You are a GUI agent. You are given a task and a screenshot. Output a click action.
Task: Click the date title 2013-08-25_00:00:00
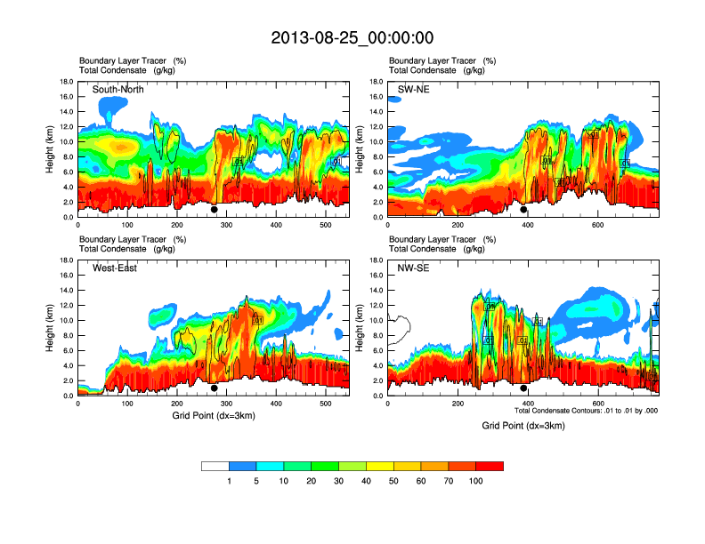[x=352, y=37]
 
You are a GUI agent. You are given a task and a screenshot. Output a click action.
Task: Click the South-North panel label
[x=118, y=90]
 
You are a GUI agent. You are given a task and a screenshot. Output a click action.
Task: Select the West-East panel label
[x=115, y=268]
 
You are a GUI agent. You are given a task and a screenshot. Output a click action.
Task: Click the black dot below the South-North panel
[x=214, y=210]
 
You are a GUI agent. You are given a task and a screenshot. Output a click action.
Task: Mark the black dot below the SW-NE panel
[x=523, y=210]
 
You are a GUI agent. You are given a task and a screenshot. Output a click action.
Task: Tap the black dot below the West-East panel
[x=214, y=388]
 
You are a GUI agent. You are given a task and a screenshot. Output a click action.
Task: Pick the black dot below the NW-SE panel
[x=523, y=388]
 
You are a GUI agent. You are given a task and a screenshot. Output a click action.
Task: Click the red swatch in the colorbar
[x=490, y=466]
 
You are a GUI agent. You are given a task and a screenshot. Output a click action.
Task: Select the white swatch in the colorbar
[x=215, y=466]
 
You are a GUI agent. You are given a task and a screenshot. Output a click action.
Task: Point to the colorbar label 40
[x=367, y=481]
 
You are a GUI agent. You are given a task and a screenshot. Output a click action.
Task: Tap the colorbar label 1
[x=230, y=481]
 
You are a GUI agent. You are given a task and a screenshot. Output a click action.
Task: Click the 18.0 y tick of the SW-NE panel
[x=375, y=82]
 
